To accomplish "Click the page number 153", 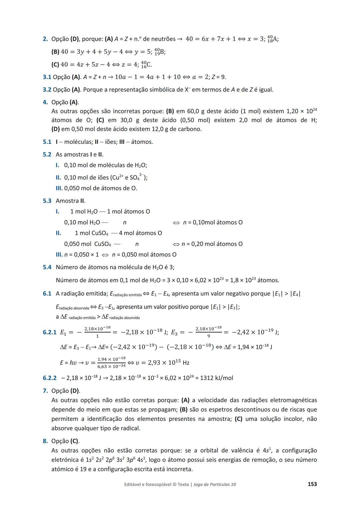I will click(312, 484).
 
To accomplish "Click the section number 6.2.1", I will click(50, 332).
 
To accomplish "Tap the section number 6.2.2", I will click(50, 378).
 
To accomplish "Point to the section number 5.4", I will click(47, 267).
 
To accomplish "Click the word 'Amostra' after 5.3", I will click(67, 201).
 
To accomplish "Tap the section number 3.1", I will click(47, 77).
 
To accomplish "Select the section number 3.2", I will click(47, 90).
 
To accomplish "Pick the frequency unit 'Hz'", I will click(186, 363).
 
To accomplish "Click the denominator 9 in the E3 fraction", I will click(209, 336).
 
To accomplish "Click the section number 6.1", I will click(47, 294).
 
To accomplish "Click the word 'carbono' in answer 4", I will click(190, 129).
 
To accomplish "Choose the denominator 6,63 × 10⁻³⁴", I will click(111, 366).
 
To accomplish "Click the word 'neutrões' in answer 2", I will click(163, 39).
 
